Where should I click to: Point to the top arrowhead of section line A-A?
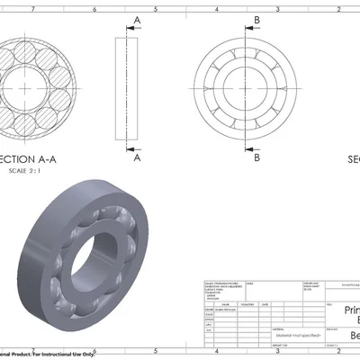(130, 27)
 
